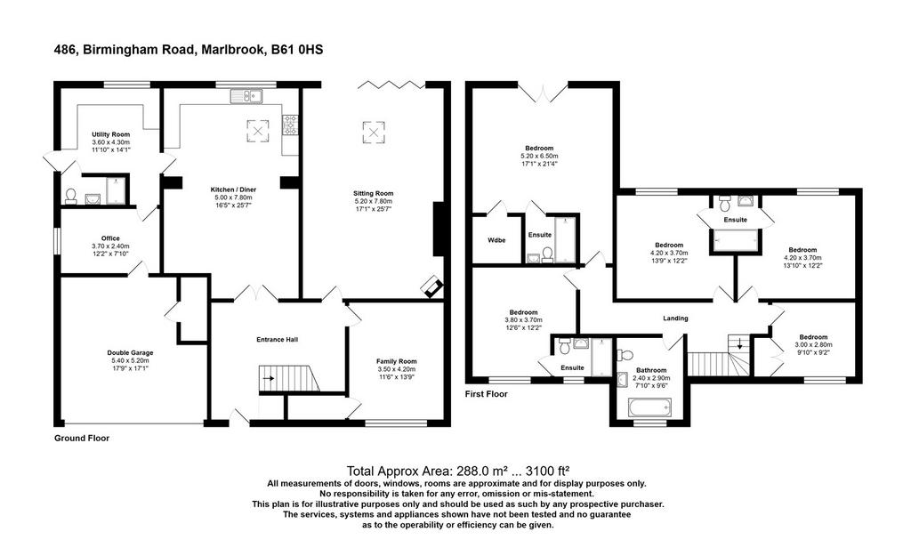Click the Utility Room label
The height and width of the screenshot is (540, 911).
click(111, 134)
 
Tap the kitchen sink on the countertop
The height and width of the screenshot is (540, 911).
click(246, 96)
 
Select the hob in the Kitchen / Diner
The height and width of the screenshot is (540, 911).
click(291, 125)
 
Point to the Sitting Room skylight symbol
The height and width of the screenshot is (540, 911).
click(374, 132)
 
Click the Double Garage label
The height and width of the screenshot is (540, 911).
click(130, 353)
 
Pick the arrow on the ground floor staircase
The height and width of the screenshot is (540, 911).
click(269, 378)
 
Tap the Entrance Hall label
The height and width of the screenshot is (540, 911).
click(278, 340)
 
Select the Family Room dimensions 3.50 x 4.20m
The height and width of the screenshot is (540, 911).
click(397, 369)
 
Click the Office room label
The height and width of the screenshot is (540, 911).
click(110, 238)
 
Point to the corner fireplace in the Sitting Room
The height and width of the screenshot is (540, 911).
click(433, 286)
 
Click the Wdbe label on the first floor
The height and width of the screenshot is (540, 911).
click(496, 240)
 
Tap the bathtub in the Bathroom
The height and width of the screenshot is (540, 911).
click(649, 407)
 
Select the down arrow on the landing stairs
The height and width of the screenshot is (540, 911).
click(739, 343)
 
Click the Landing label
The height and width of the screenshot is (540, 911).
click(676, 318)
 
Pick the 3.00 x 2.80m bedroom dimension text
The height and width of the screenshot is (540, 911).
click(813, 344)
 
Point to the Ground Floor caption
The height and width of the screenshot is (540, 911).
click(82, 439)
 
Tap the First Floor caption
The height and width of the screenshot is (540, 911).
click(487, 394)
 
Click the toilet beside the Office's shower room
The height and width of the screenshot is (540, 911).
click(71, 196)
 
